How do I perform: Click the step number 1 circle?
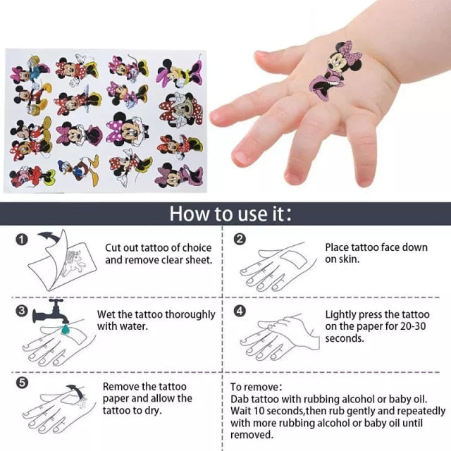pyautogui.click(x=22, y=240)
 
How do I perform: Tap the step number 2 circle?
pyautogui.click(x=240, y=239)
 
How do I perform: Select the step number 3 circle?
pyautogui.click(x=22, y=311)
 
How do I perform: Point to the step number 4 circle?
pyautogui.click(x=240, y=311)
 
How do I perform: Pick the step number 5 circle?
pyautogui.click(x=22, y=383)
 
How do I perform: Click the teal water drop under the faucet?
pyautogui.click(x=66, y=329)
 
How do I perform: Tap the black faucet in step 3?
pyautogui.click(x=51, y=311)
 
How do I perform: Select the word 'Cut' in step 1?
pyautogui.click(x=112, y=247)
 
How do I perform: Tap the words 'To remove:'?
pyautogui.click(x=256, y=387)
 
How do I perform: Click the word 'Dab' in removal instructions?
pyautogui.click(x=240, y=400)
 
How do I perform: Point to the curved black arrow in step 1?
pyautogui.click(x=49, y=237)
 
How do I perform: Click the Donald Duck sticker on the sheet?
pyautogui.click(x=79, y=170)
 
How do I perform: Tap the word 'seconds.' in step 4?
pyautogui.click(x=345, y=338)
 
